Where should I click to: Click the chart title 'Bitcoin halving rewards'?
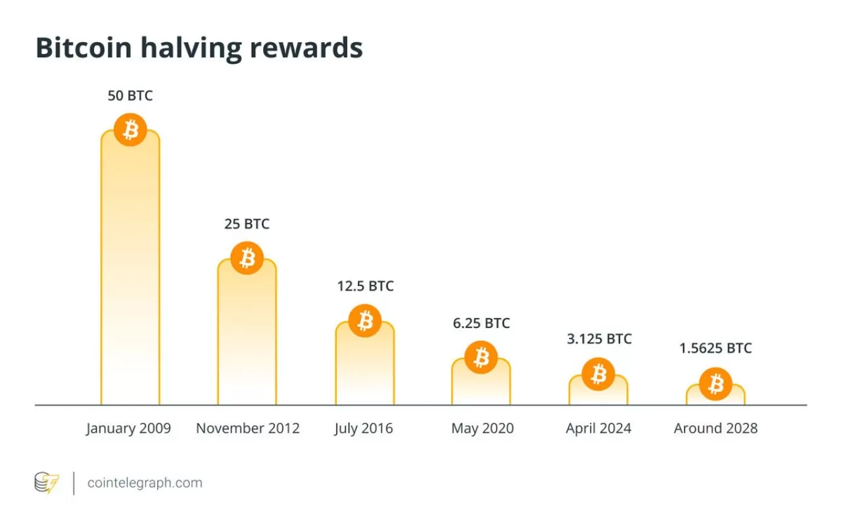(x=199, y=49)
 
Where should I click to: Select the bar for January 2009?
(x=130, y=276)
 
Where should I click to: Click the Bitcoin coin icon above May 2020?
(x=482, y=358)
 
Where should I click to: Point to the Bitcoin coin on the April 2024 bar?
(x=599, y=374)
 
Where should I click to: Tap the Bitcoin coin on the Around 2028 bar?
(x=716, y=384)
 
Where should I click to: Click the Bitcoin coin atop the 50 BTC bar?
(x=130, y=130)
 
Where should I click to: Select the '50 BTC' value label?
(x=130, y=96)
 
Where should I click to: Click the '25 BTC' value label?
(x=247, y=224)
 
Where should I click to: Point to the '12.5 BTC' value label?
(x=365, y=286)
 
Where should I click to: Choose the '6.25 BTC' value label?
(x=482, y=323)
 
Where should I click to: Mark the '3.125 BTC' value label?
(x=599, y=339)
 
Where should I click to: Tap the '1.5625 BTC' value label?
(x=716, y=349)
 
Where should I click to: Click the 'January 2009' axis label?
(x=128, y=429)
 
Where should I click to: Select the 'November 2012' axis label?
(x=248, y=429)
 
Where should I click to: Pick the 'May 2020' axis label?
(x=482, y=429)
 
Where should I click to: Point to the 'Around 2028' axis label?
(x=716, y=429)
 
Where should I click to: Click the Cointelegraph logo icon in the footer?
(x=47, y=483)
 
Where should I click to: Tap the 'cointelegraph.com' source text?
(x=145, y=483)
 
